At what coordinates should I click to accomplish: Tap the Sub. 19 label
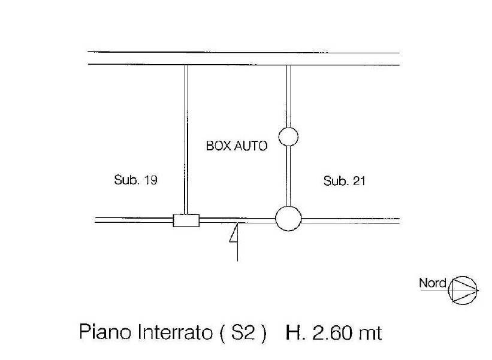[135, 180]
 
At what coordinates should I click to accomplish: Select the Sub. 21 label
[344, 181]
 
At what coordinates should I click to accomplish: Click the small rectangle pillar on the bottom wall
[186, 220]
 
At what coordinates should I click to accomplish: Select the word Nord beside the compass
[433, 283]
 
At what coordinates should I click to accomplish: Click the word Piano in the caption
[105, 332]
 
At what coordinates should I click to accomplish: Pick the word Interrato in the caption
[175, 332]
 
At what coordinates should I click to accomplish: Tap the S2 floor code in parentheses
[243, 332]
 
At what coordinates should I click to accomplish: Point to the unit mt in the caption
[371, 334]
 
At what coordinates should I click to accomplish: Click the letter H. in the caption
[295, 332]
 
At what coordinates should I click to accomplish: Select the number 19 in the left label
[150, 180]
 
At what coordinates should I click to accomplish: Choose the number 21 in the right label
[359, 181]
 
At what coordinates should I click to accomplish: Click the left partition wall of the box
[186, 140]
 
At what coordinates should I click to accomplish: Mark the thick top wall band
[243, 59]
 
